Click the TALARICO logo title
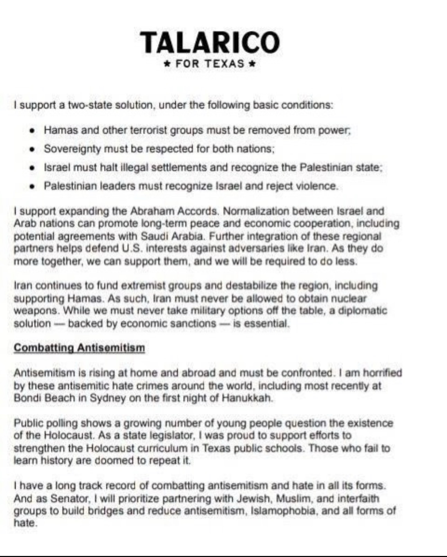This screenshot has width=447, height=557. point(210,42)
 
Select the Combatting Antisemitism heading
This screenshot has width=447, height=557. point(79,348)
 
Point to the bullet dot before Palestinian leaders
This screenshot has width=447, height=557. point(32,186)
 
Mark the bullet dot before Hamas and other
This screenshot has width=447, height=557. point(32,130)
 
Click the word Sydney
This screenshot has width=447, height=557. point(108,398)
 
